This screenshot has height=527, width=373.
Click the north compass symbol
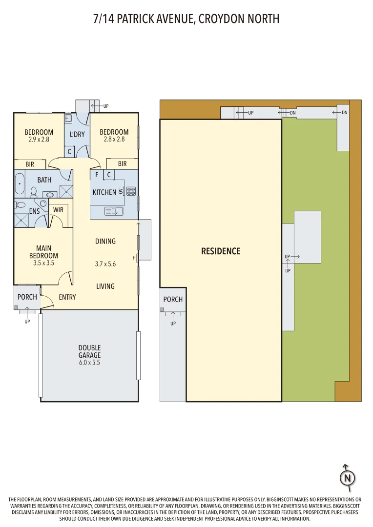pyautogui.click(x=348, y=478)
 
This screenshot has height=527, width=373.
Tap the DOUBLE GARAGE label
pyautogui.click(x=89, y=351)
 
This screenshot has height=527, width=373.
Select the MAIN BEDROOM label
pyautogui.click(x=44, y=252)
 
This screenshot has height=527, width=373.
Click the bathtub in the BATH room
pyautogui.click(x=20, y=184)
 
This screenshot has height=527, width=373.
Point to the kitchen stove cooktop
pyautogui.click(x=131, y=191)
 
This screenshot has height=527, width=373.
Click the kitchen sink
pyautogui.click(x=114, y=211)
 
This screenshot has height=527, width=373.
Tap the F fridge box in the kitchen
pyautogui.click(x=97, y=175)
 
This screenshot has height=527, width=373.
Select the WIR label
pyautogui.click(x=58, y=210)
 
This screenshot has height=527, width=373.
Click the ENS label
pyautogui.click(x=34, y=211)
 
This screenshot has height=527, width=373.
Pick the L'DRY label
pyautogui.click(x=77, y=134)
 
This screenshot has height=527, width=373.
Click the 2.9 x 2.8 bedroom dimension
pyautogui.click(x=39, y=139)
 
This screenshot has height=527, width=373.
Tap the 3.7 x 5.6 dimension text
pyautogui.click(x=105, y=264)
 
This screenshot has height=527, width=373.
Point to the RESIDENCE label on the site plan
pyautogui.click(x=221, y=251)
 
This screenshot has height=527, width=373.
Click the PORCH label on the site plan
pyautogui.click(x=173, y=299)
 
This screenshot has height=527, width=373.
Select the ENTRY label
pyautogui.click(x=67, y=297)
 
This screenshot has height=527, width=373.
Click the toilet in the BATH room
pyautogui.click(x=33, y=191)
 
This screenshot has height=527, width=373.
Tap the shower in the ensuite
pyautogui.click(x=21, y=220)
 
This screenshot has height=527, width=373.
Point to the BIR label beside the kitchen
pyautogui.click(x=123, y=163)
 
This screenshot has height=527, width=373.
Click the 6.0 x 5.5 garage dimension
pyautogui.click(x=89, y=362)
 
